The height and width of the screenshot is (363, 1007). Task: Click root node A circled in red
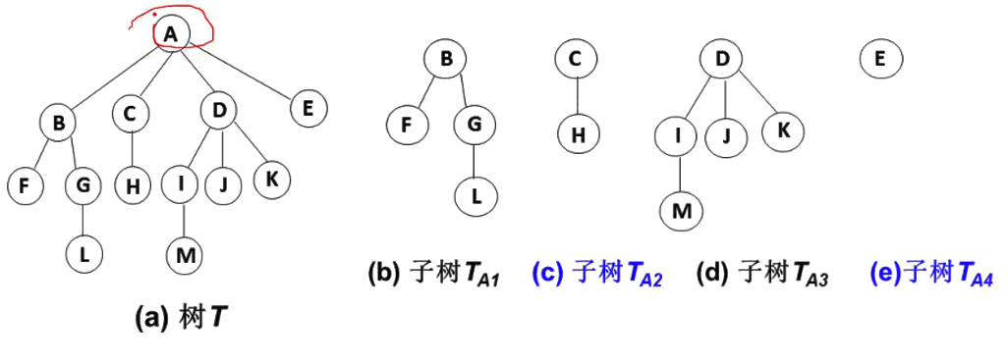(171, 33)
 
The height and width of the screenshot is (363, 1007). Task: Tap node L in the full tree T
(84, 255)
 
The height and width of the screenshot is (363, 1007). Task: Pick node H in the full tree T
(130, 182)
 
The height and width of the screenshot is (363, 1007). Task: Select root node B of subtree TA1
(445, 60)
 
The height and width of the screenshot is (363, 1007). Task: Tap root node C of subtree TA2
(575, 60)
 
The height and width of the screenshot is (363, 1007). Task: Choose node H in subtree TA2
(578, 134)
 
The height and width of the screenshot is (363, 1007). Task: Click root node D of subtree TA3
(722, 60)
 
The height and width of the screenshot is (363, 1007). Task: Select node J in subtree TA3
(728, 134)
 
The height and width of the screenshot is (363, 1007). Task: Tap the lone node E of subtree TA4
(879, 60)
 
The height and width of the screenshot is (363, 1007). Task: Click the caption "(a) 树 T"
(182, 317)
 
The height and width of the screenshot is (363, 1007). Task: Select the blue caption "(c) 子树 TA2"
(597, 275)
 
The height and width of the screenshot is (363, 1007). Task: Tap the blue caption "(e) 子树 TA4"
(931, 275)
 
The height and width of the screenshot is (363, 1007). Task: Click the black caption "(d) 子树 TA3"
(762, 275)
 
